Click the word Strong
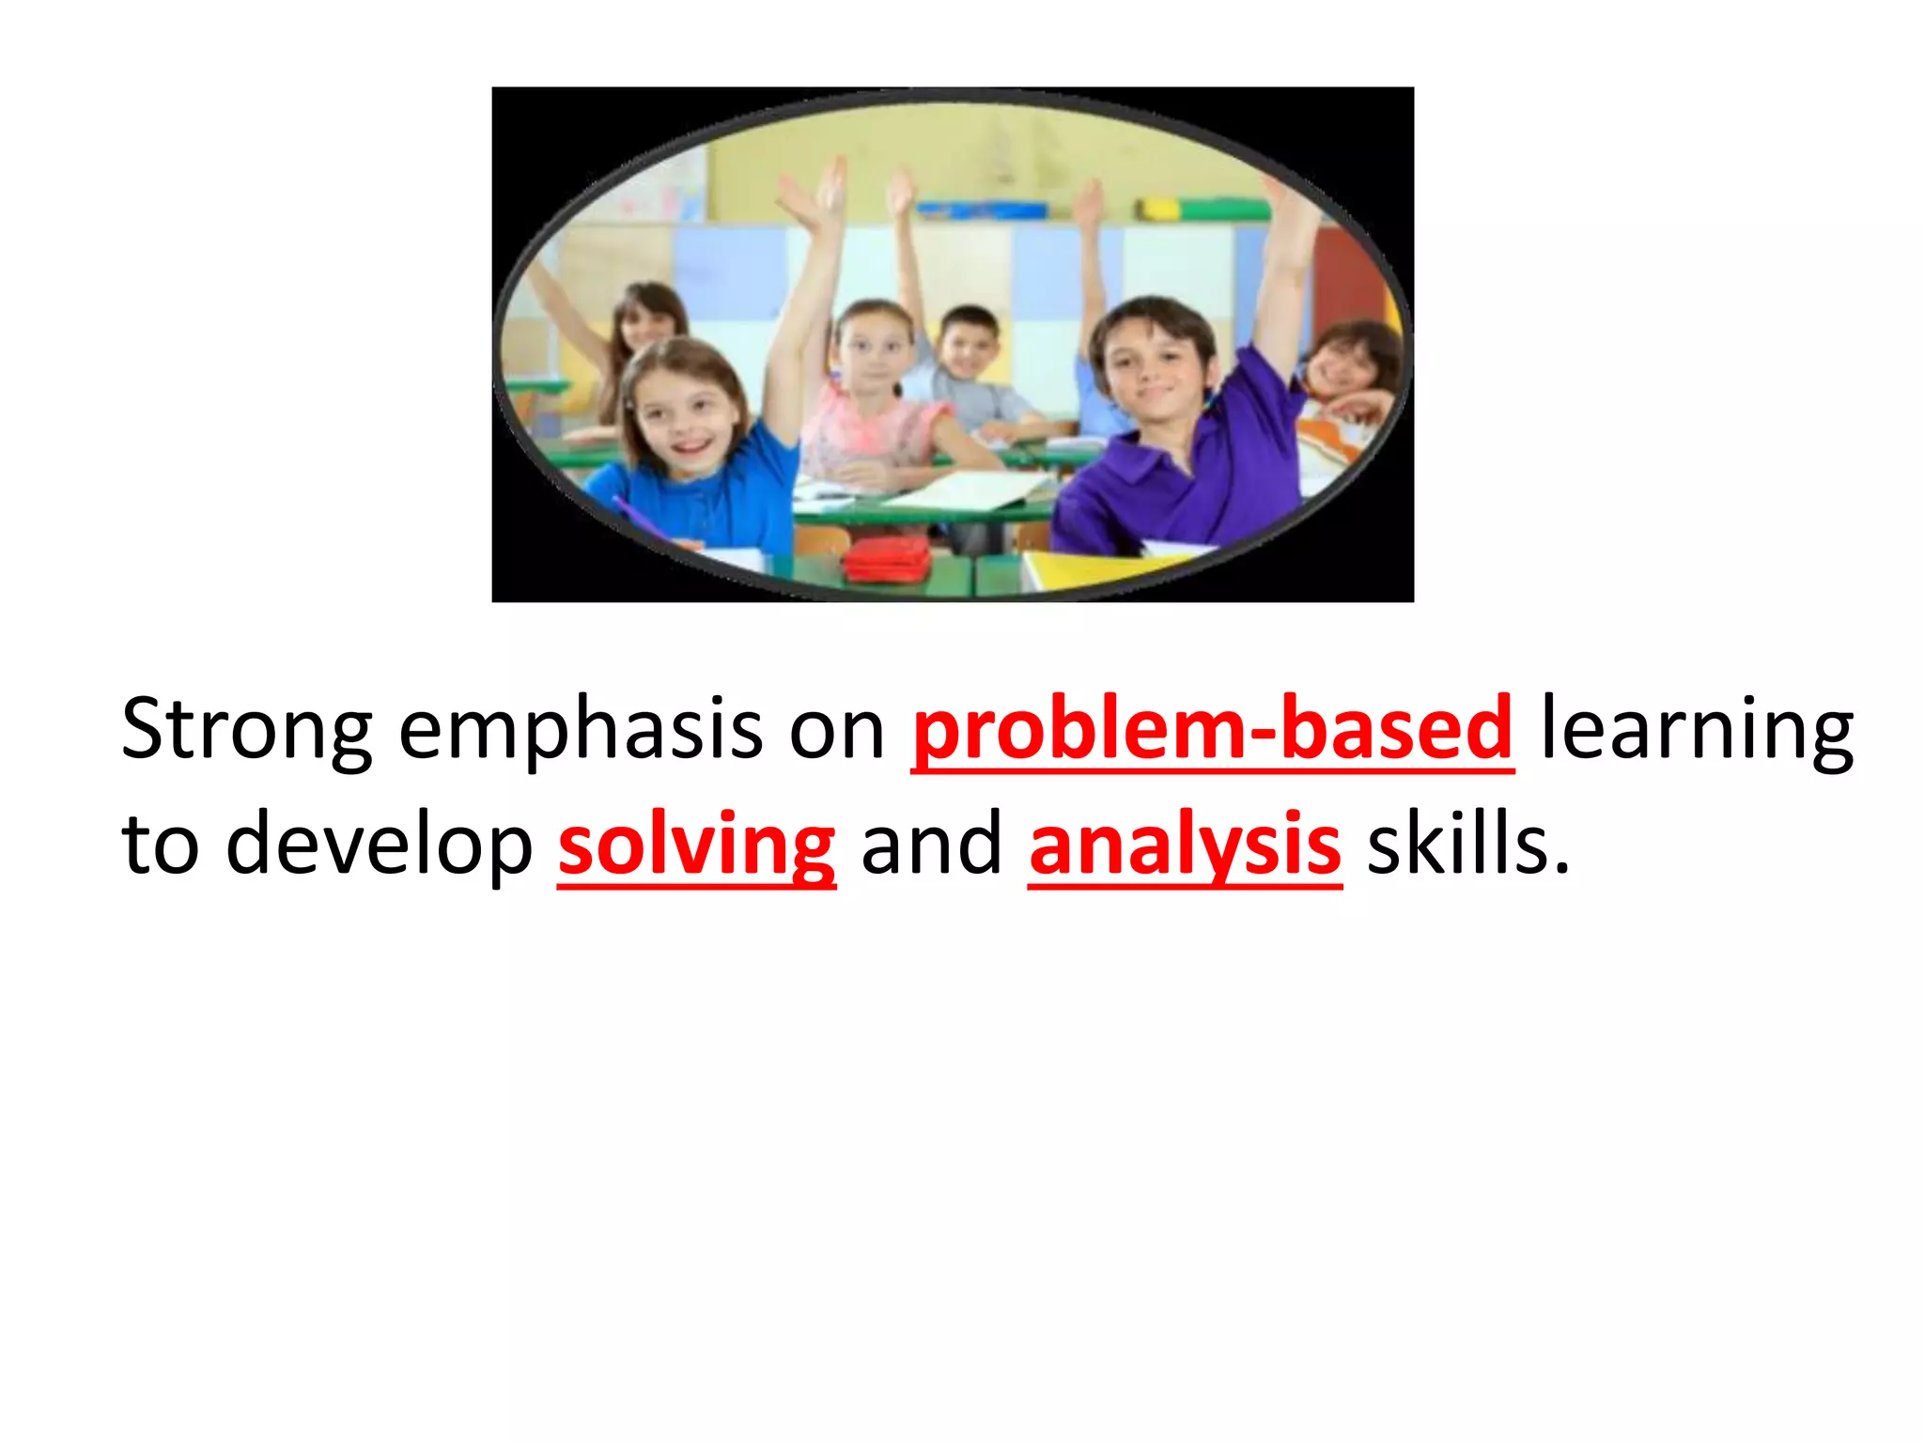246,731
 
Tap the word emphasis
580,731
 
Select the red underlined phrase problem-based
1212,731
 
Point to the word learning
1697,731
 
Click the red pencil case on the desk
887,561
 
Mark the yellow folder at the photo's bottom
1099,568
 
